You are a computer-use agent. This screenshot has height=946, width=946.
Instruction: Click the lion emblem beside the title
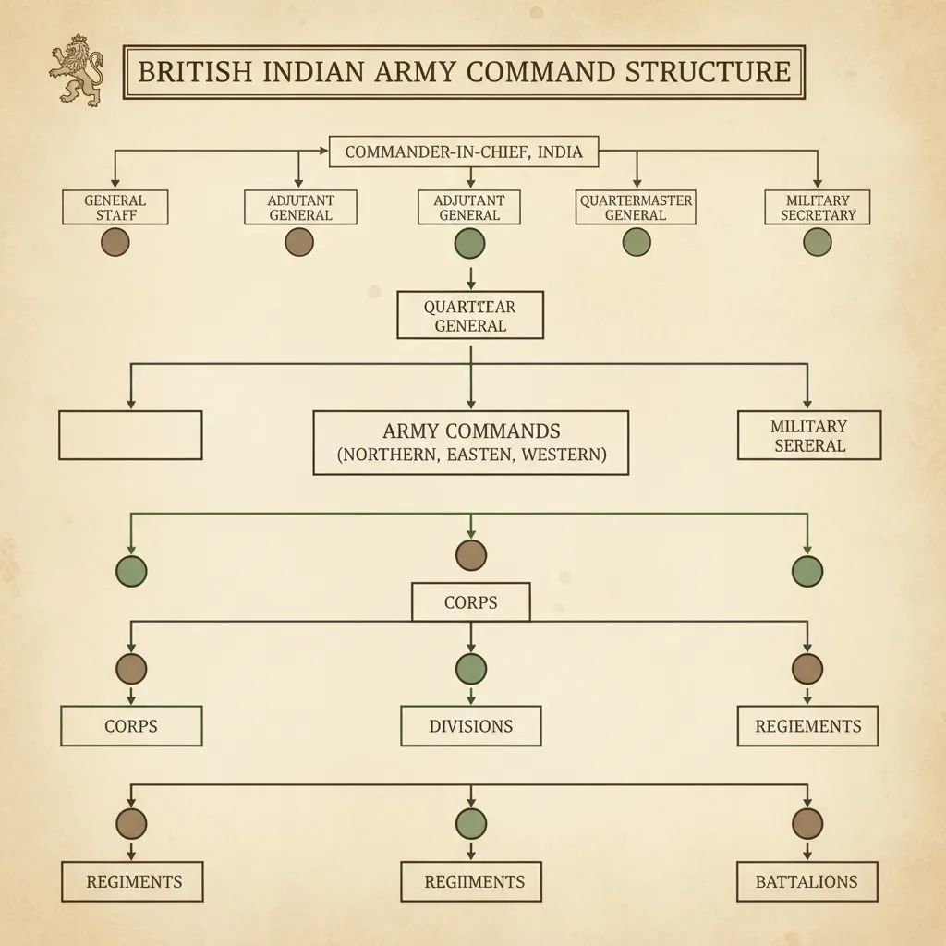pos(76,71)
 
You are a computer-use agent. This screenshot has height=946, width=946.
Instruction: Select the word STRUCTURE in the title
pos(708,72)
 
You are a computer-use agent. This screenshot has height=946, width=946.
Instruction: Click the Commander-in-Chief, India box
pos(464,152)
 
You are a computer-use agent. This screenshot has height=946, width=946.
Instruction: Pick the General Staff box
pos(115,207)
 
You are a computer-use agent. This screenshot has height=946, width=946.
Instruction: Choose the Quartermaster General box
pos(636,207)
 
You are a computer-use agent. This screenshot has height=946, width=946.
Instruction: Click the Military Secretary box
pos(818,207)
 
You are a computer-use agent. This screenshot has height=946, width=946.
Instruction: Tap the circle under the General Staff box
pos(115,242)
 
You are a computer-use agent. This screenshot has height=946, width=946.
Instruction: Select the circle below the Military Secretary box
pos(818,242)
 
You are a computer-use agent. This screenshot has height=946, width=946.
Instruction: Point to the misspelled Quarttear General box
pos(470,316)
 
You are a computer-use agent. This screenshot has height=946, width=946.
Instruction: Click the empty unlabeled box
pos(130,435)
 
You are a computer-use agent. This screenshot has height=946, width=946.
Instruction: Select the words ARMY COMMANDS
pos(471,431)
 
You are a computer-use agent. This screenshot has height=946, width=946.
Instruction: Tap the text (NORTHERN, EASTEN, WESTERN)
pos(471,455)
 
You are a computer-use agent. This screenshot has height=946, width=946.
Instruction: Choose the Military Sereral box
pos(808,435)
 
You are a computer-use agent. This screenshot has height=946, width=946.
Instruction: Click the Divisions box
pos(471,726)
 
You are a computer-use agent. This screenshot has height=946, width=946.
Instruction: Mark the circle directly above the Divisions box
pos(471,668)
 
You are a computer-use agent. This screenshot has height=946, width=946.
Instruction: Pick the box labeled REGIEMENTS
pos(807,726)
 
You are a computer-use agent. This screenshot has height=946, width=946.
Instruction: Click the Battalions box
pos(807,881)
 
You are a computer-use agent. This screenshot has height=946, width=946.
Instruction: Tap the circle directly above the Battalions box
pos(807,823)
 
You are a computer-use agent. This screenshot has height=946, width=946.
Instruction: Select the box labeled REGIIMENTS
pos(471,881)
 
